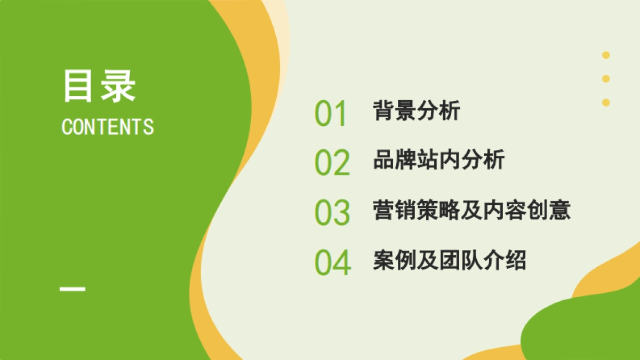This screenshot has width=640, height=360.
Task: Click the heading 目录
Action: click(99, 86)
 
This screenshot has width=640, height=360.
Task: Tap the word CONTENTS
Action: click(108, 127)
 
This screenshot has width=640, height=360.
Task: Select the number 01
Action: click(331, 114)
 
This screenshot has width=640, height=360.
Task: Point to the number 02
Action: click(332, 163)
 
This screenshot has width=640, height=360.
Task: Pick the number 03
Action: click(332, 212)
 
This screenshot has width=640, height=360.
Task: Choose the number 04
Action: click(332, 262)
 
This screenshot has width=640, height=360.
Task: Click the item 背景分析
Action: click(417, 111)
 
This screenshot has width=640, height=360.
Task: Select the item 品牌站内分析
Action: click(438, 160)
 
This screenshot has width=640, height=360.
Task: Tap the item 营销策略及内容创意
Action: click(471, 210)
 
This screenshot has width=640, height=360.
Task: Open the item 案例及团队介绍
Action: click(450, 260)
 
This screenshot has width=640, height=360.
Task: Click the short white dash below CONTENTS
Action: click(73, 290)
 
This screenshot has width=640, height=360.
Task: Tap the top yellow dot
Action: click(606, 55)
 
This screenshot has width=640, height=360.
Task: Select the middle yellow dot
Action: click(606, 79)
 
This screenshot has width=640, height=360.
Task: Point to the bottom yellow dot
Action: click(606, 102)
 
